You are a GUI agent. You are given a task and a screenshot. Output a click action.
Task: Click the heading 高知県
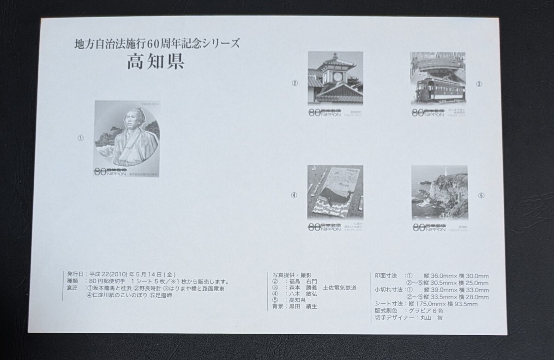pos(156,62)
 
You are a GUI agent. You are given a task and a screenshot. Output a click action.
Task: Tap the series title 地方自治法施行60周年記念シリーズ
pos(157,45)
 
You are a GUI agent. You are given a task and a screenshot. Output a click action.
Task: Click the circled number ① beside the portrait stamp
pos(81,138)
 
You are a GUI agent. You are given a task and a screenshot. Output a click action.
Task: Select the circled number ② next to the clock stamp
pos(294,84)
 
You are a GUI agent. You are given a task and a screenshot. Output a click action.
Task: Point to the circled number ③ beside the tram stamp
pos(479,84)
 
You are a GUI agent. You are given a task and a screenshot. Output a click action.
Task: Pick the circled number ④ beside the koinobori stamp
pos(294,195)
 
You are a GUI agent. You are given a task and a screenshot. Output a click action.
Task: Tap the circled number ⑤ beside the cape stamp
pos(481,195)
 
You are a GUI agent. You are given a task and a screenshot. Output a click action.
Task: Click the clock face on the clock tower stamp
pos(337,76)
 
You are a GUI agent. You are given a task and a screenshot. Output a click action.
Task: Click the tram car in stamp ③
pos(432,88)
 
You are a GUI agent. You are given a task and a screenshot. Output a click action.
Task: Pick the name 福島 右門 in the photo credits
pos(301,281)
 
